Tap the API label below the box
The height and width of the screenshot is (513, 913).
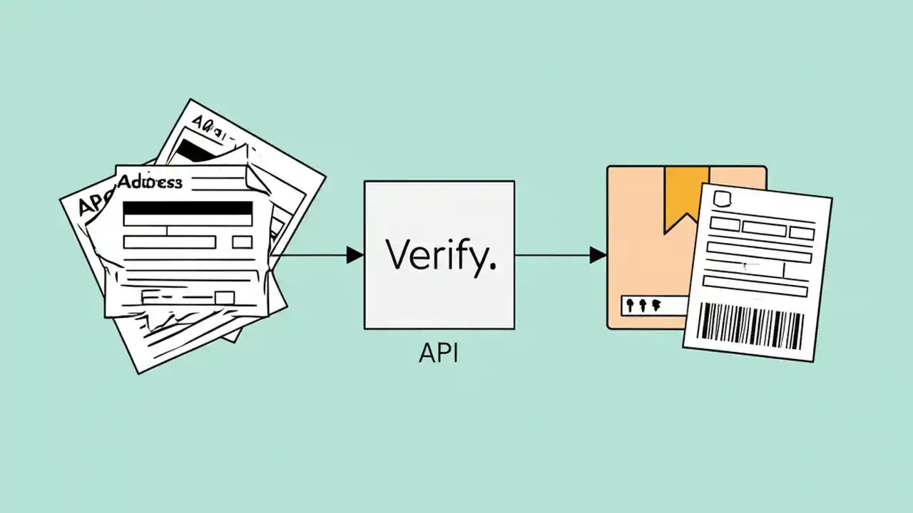point(438,353)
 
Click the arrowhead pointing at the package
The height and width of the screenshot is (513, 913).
point(598,254)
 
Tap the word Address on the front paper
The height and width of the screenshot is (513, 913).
point(150,182)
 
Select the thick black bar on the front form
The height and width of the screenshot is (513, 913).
point(188,208)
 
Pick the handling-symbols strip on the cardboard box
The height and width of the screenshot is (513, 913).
point(644,305)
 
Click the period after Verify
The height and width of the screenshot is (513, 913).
point(491,266)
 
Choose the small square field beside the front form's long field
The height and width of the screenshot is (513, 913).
point(243,242)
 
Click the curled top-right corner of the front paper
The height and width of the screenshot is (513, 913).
point(253,175)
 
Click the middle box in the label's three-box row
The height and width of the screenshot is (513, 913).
point(763,228)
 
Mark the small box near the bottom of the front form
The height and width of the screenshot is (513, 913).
point(224,298)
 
